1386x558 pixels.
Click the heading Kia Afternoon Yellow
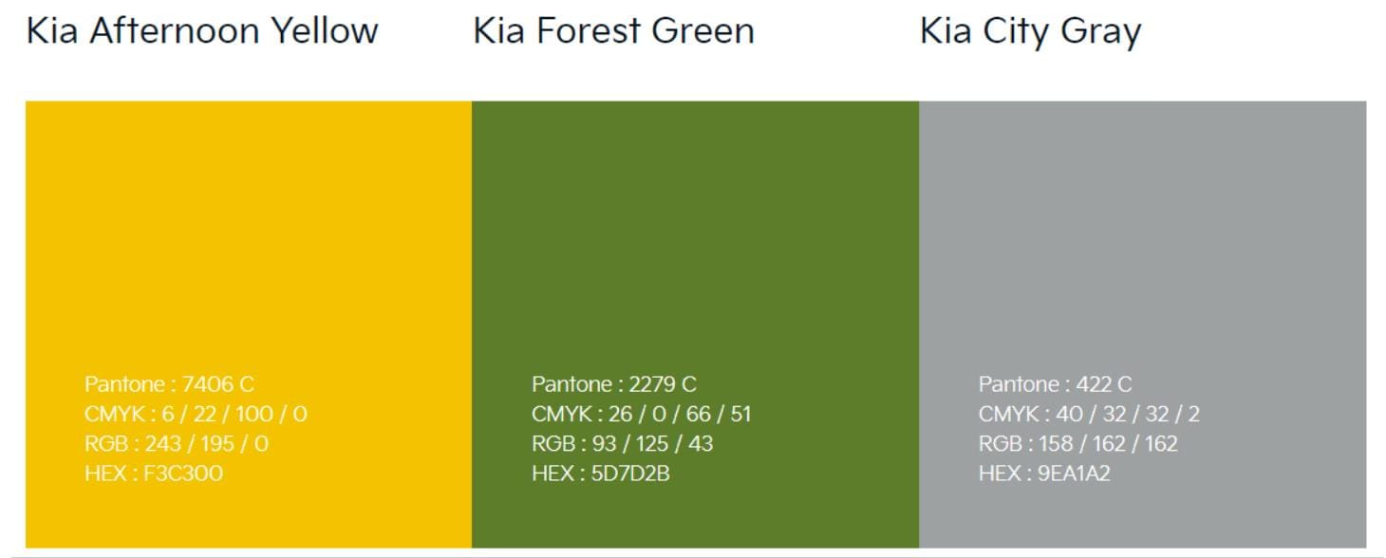click(201, 31)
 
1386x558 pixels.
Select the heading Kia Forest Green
click(614, 31)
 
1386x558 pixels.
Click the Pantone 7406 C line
click(170, 384)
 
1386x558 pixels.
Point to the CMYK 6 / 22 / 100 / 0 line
click(197, 414)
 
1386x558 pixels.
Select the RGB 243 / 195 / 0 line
click(177, 443)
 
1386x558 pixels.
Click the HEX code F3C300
click(183, 474)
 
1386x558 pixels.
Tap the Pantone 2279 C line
click(614, 384)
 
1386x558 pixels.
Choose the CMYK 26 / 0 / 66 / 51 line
click(642, 414)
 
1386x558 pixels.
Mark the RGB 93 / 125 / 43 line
click(623, 443)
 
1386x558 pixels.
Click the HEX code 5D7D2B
click(630, 474)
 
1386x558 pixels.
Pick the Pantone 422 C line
click(1055, 384)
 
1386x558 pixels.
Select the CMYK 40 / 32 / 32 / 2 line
click(1089, 414)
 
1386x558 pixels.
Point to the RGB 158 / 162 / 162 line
click(1077, 443)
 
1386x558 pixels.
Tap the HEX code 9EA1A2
click(1075, 474)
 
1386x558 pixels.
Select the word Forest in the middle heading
click(589, 31)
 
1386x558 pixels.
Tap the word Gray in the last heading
click(1101, 33)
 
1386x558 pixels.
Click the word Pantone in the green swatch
click(571, 384)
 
